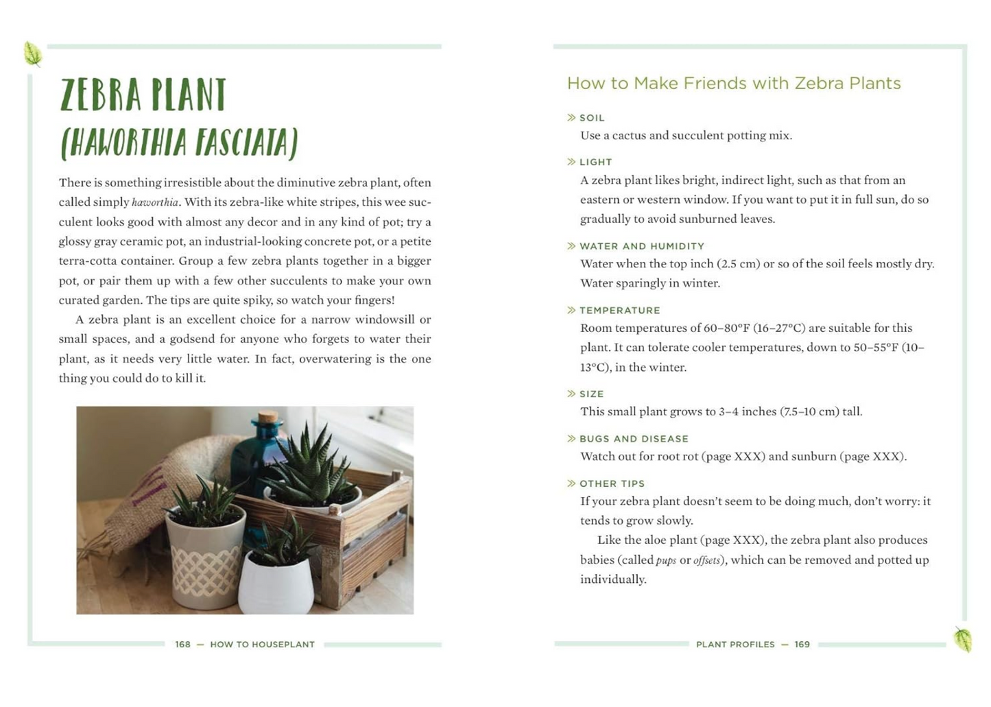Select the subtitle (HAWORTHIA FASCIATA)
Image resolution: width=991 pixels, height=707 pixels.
(179, 143)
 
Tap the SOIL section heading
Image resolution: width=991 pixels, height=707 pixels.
(592, 118)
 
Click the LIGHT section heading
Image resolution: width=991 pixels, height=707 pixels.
(595, 163)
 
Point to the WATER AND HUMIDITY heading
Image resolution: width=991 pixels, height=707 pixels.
(641, 246)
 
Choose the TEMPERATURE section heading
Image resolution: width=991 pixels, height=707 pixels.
(619, 311)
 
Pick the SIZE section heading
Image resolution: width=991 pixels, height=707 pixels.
(591, 394)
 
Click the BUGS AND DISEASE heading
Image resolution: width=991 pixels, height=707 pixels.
(633, 439)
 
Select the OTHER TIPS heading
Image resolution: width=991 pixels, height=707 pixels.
(612, 483)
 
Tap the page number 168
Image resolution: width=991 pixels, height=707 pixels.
(182, 645)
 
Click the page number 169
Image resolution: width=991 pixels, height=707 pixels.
(802, 645)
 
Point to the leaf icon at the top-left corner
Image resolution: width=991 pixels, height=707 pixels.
(33, 53)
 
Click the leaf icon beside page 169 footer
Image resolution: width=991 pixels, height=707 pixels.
(963, 639)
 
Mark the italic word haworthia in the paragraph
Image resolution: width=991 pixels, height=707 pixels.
(155, 202)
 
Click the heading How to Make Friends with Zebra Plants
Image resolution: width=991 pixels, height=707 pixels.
(733, 84)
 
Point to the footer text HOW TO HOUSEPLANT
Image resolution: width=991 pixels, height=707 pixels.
(262, 645)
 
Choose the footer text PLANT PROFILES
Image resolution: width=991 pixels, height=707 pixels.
(735, 645)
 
